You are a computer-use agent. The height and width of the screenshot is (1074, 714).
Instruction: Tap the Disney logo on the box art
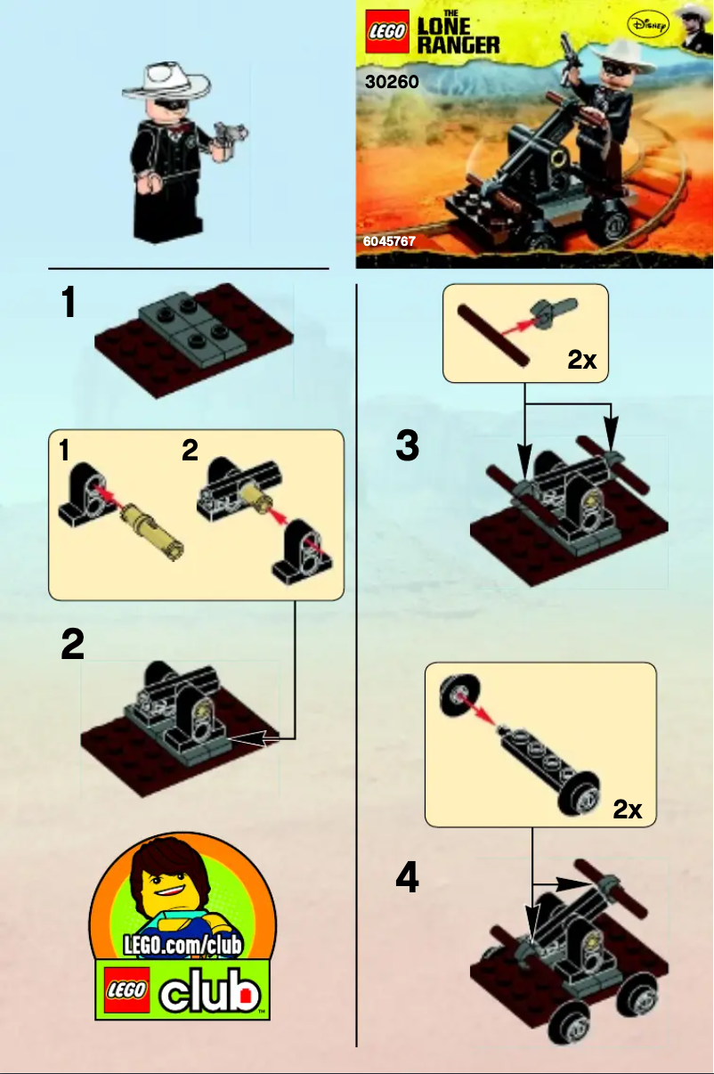click(x=646, y=26)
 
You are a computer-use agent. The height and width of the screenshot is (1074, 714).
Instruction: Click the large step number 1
click(x=68, y=304)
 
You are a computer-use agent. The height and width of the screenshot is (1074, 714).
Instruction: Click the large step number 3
click(x=407, y=445)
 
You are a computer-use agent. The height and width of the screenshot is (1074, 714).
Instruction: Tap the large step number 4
click(x=407, y=880)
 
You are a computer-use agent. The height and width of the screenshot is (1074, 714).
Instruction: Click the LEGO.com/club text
click(x=184, y=943)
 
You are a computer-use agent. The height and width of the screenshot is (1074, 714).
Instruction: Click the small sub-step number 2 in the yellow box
click(x=190, y=452)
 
